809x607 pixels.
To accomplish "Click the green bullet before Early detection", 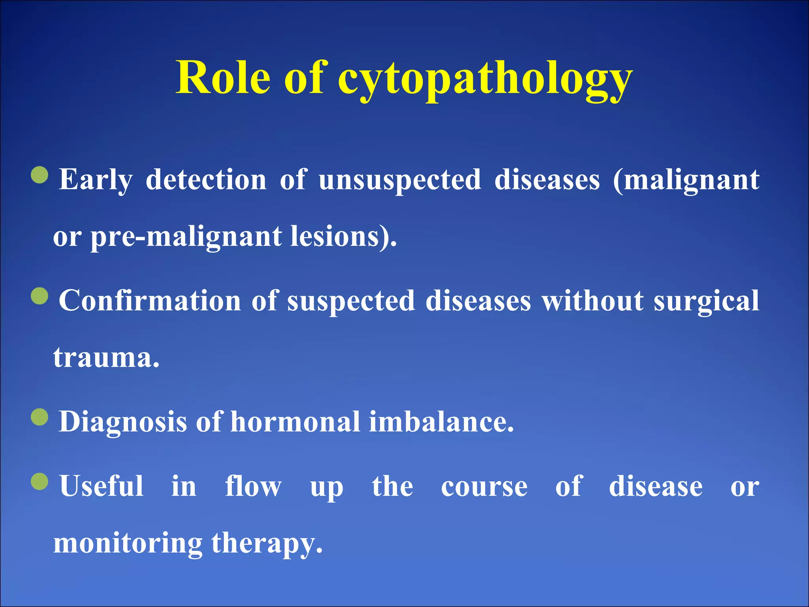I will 40,175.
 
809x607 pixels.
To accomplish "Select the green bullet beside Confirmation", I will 40,296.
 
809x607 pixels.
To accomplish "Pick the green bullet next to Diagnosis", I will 40,417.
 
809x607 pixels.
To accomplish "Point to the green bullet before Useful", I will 40,481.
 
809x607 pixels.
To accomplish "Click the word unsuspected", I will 400,180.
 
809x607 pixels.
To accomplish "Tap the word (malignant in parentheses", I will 686,180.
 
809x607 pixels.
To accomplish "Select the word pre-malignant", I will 186,237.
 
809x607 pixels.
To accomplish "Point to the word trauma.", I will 106,358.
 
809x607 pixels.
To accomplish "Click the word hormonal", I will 295,422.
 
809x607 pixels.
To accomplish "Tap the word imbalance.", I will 441,422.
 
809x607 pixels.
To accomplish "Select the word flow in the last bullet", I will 253,486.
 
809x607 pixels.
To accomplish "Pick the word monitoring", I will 128,544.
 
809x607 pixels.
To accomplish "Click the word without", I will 593,301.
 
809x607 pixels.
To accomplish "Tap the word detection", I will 206,180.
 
